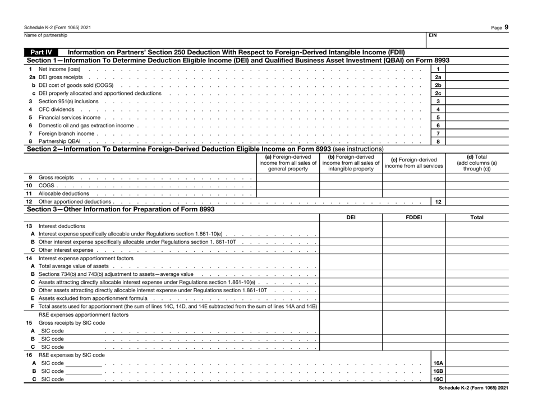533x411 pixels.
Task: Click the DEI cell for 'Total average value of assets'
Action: [x=351, y=275]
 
